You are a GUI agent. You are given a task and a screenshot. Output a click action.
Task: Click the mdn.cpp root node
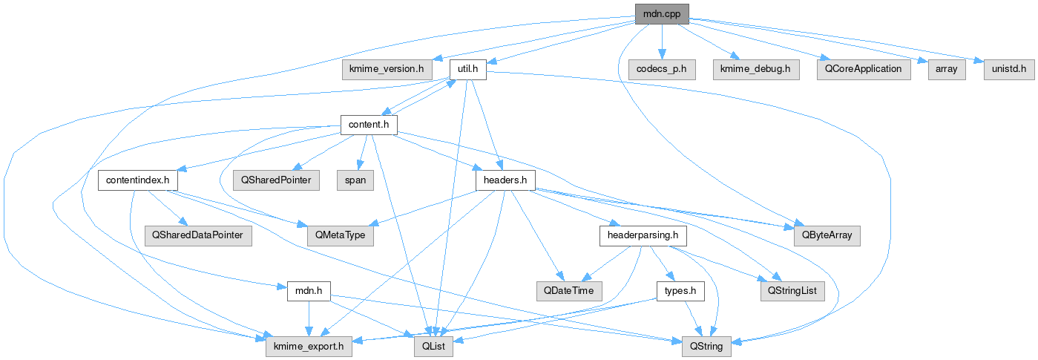[662, 13]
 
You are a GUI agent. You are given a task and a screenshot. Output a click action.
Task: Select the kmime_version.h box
[387, 70]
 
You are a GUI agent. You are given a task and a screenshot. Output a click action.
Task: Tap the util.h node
[468, 70]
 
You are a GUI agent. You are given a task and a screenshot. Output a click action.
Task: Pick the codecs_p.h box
[661, 70]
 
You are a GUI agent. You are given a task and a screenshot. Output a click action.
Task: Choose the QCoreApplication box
[862, 70]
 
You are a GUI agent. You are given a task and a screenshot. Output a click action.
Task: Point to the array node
[946, 70]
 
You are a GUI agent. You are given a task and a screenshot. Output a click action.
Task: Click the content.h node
[368, 124]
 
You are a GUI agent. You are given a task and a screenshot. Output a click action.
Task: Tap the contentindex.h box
[137, 180]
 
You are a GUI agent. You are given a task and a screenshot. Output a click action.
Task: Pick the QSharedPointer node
[275, 180]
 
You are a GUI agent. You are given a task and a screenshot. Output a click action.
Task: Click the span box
[355, 180]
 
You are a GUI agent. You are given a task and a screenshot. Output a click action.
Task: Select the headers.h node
[505, 180]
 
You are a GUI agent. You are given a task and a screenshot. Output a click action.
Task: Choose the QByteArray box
[827, 235]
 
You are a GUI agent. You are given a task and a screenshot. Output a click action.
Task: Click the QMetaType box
[341, 235]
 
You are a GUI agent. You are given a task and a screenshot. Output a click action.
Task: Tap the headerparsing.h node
[643, 235]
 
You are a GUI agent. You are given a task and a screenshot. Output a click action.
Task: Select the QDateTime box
[569, 290]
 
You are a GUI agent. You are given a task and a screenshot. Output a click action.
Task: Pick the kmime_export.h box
[309, 346]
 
